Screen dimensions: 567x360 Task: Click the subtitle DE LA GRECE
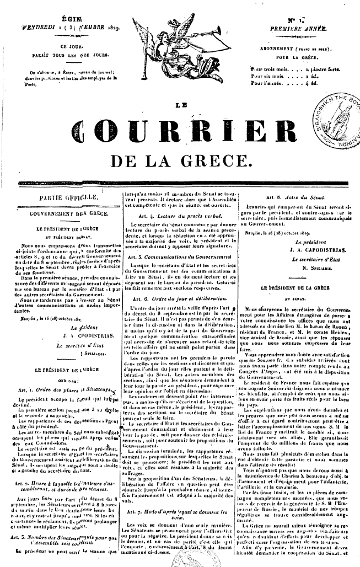[178, 162]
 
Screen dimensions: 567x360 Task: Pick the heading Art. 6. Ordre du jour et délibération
[178, 297]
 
